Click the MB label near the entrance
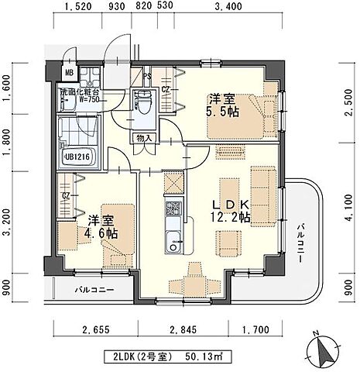(69, 74)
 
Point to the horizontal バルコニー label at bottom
(95, 290)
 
